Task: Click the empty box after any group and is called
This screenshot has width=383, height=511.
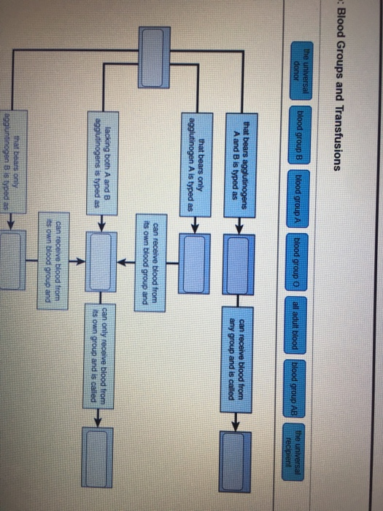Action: (237, 449)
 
